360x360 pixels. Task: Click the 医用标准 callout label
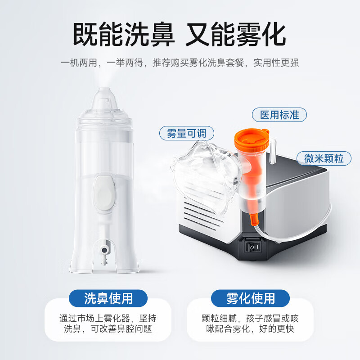tap(279, 114)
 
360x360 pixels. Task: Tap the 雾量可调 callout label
tap(186, 133)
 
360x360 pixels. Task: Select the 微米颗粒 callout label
tap(324, 158)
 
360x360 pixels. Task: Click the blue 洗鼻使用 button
tap(108, 298)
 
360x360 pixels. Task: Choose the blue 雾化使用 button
tap(250, 298)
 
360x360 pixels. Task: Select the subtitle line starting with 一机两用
tap(180, 63)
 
